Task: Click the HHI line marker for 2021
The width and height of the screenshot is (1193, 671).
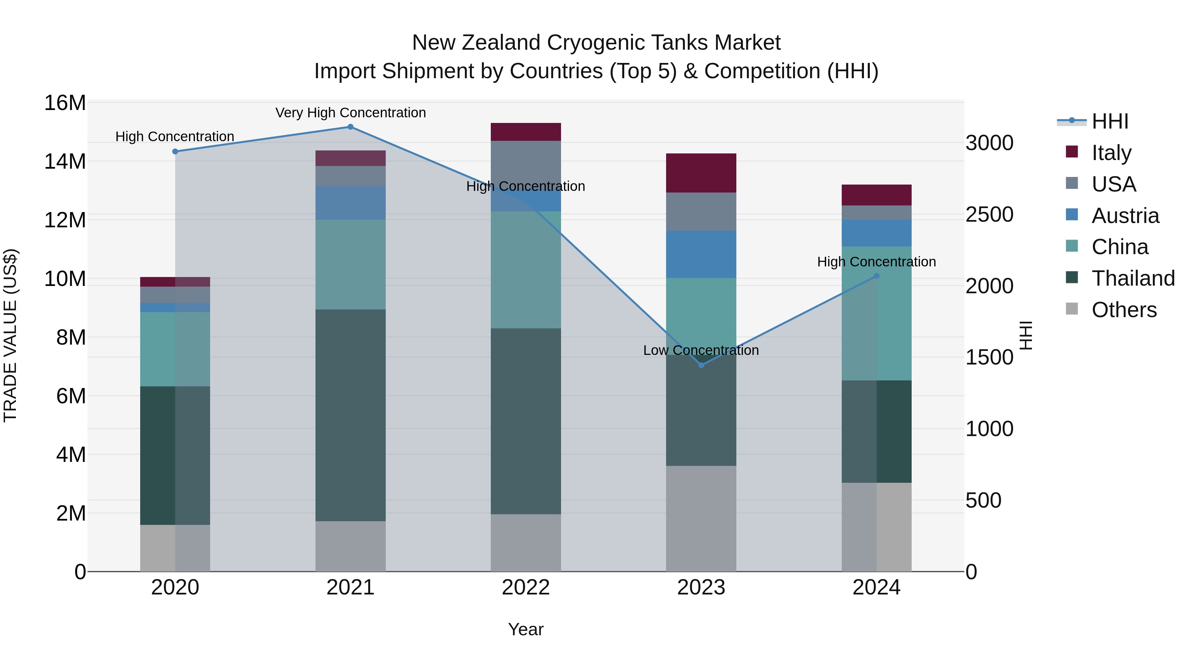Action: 350,127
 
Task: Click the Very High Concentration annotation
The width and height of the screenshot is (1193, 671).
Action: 350,113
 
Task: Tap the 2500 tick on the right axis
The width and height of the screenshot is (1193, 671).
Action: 989,214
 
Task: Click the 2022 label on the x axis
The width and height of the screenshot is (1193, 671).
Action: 526,587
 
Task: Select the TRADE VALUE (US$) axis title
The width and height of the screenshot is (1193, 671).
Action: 10,335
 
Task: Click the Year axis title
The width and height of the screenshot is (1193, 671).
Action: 526,629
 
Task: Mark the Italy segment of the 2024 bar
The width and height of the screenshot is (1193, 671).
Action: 876,195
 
